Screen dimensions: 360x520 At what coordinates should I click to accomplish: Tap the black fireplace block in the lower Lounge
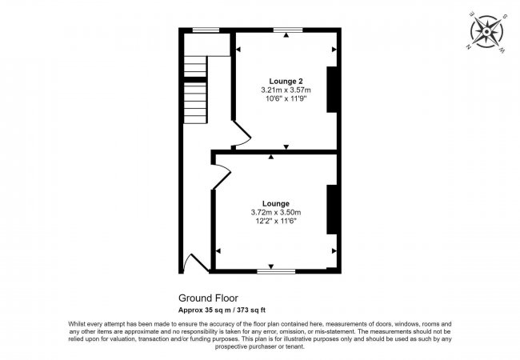[x=330, y=209]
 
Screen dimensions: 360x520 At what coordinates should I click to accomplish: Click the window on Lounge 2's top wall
[x=286, y=30]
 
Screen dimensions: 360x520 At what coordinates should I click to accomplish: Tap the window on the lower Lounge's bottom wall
[x=274, y=272]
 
